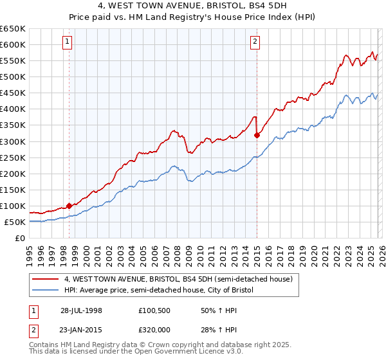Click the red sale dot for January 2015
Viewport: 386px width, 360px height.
pyautogui.click(x=257, y=135)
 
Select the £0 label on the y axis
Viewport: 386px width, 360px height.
pyautogui.click(x=21, y=238)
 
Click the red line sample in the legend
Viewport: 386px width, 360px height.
pyautogui.click(x=45, y=280)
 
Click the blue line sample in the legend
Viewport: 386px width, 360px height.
pyautogui.click(x=45, y=290)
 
